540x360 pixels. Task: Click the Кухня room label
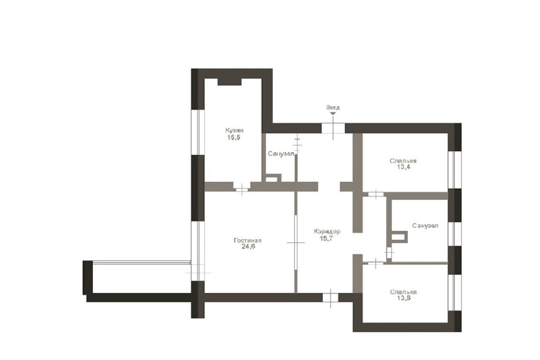(x=234, y=130)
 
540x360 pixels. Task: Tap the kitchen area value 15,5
(x=234, y=138)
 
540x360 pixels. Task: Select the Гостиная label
(x=248, y=240)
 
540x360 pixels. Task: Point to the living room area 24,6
(x=248, y=247)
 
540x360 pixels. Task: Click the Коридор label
(x=327, y=231)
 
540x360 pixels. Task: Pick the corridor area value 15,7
(x=326, y=238)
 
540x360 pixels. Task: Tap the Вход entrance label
(x=333, y=108)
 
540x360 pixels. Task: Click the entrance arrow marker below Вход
(x=333, y=113)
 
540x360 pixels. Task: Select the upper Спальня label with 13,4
(x=403, y=161)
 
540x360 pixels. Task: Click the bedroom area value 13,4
(x=403, y=167)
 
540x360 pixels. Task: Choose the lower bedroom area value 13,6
(x=403, y=298)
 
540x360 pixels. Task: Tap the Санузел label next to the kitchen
(x=282, y=154)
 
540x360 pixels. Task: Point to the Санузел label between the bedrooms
(x=426, y=226)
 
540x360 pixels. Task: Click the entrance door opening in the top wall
(x=333, y=129)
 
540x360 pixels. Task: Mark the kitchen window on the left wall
(x=198, y=132)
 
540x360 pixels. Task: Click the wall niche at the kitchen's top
(x=229, y=82)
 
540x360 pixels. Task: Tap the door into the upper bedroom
(x=375, y=194)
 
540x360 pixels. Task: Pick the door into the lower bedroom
(x=375, y=264)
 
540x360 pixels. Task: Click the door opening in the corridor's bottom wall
(x=330, y=297)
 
